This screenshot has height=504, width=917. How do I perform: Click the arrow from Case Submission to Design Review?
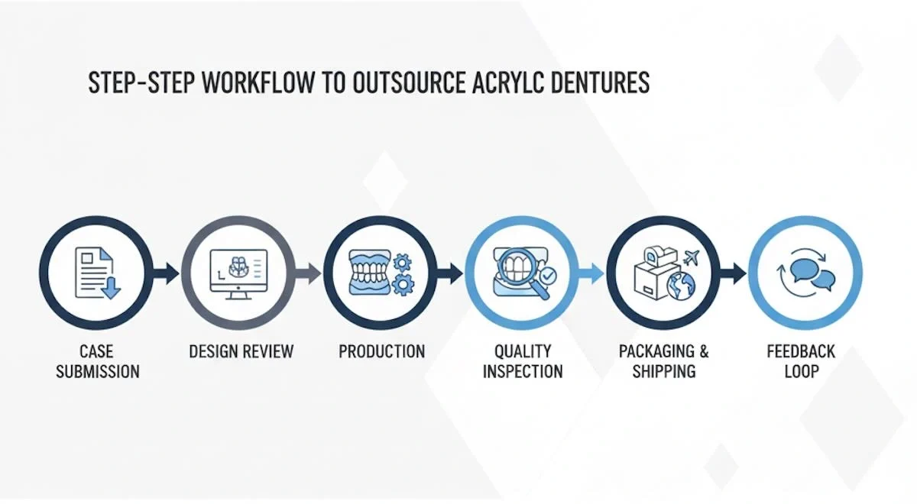(x=167, y=273)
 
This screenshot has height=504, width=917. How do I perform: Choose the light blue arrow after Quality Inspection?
(x=593, y=273)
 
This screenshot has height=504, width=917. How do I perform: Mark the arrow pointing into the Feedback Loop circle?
(x=735, y=273)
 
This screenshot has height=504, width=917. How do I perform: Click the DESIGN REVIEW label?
(x=241, y=351)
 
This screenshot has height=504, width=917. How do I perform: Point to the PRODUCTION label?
(x=381, y=351)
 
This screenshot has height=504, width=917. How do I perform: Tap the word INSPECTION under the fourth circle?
(x=523, y=372)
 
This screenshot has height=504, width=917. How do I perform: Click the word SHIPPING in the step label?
(x=664, y=372)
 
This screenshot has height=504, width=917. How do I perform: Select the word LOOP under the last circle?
(x=801, y=372)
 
